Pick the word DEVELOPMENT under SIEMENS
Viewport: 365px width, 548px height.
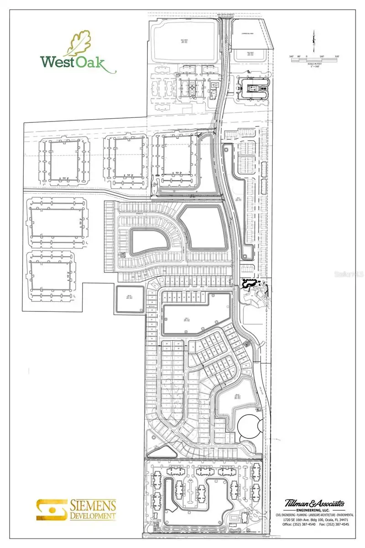click(93, 516)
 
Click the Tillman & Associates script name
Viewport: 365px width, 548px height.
click(314, 504)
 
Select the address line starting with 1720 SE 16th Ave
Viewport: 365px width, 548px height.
click(314, 520)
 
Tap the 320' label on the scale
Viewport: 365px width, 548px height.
click(337, 57)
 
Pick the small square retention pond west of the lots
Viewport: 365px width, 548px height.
click(130, 300)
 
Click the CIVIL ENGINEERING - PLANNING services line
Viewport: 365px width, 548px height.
click(314, 515)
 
